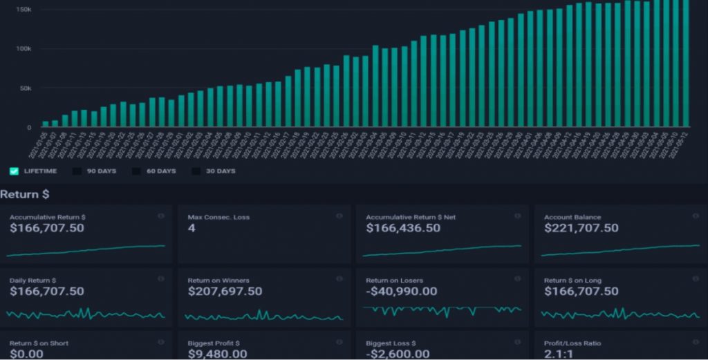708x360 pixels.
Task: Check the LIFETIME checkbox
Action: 14,171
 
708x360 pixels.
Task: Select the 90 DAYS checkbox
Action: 77,171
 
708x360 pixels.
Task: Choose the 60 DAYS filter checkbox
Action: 137,171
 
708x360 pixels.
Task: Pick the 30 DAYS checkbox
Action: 196,171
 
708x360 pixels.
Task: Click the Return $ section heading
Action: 25,195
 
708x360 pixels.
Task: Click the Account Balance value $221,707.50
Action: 581,228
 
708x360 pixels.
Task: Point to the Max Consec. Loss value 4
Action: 192,228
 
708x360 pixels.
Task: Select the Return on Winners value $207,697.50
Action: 225,292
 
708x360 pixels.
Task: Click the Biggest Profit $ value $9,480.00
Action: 217,354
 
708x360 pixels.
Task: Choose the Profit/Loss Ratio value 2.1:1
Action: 559,354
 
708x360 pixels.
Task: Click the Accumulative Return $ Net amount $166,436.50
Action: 403,228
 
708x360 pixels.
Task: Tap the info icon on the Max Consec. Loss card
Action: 339,216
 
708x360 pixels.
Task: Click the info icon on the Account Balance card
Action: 695,216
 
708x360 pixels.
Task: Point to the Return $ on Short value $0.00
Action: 26,354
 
